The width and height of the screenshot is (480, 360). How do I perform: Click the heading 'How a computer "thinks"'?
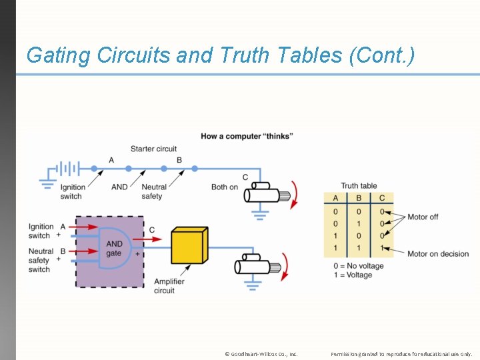247,137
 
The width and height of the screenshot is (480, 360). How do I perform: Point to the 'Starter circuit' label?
153,149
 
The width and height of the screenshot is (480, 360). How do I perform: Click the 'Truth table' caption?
359,186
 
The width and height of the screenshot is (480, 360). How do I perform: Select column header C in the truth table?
381,198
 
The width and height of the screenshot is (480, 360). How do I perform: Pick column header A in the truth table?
335,198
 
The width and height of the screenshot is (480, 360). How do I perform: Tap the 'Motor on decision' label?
438,254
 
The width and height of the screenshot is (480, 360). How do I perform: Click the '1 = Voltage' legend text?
353,275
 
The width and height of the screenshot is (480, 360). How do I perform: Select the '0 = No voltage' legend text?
359,266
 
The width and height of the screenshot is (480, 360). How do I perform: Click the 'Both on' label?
225,187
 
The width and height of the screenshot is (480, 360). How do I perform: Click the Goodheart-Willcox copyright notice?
261,353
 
